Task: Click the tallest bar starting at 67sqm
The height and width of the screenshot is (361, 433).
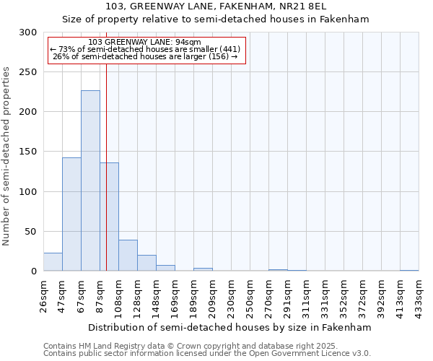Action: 90,180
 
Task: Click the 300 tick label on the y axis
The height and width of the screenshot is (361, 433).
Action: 29,32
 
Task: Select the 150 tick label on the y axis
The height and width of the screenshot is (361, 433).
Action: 29,152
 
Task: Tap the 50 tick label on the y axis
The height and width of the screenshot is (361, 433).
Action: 32,232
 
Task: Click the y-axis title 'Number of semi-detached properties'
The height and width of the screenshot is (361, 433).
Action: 6,156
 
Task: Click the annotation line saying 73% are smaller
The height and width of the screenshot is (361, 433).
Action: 145,49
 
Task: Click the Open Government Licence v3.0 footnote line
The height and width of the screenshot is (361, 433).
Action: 207,353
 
